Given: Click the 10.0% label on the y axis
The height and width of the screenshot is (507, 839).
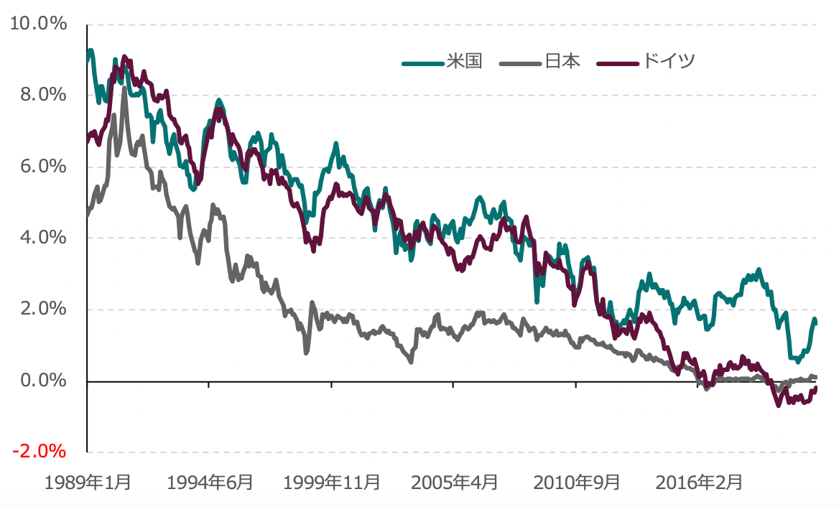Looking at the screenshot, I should point(38,24).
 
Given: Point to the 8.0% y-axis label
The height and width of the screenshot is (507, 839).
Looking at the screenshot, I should point(42,96).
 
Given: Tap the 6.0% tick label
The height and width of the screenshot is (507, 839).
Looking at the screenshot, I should point(42,167).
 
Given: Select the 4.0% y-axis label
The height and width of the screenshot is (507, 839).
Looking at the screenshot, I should point(42,238).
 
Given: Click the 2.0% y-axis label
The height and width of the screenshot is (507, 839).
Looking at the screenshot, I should point(42,310).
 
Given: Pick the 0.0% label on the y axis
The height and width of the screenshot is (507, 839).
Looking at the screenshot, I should point(42,381).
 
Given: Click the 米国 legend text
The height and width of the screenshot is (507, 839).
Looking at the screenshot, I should point(463,61).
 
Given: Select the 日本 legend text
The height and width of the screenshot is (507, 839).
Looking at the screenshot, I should point(562,61).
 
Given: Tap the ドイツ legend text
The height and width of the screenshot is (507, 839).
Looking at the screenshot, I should point(668,61).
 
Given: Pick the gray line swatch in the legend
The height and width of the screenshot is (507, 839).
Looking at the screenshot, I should point(522,62).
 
